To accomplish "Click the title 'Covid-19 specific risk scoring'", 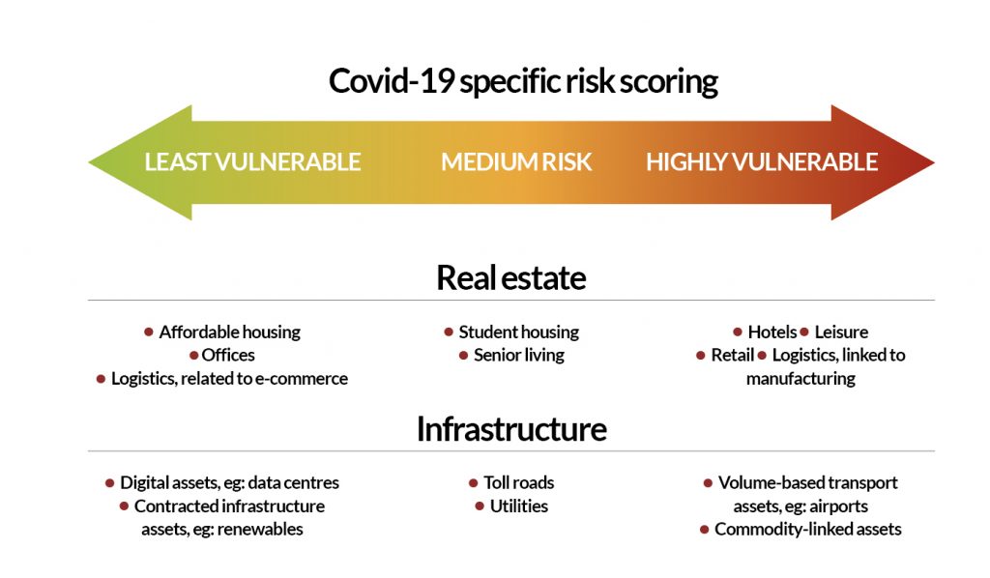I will tap(523, 81).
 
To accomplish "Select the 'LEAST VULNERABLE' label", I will tap(252, 162).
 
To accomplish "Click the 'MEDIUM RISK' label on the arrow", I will tap(516, 162).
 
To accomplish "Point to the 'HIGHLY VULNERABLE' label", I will tap(762, 162).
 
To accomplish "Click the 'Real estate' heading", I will tap(510, 278).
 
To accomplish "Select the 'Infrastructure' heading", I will tap(510, 428).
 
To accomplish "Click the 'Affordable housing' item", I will tap(229, 332).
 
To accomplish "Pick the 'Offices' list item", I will tap(228, 355).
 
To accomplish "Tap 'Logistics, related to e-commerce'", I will tap(229, 378).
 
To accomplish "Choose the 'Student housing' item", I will tap(518, 332).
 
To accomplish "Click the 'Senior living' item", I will tap(518, 355).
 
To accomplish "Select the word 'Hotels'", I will tap(772, 332).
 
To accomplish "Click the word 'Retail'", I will tap(732, 355).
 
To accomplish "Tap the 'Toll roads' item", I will tap(518, 482).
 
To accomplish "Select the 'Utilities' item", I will tap(518, 506).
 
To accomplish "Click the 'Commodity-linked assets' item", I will tap(807, 529).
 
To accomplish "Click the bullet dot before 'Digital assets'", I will tap(110, 482).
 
